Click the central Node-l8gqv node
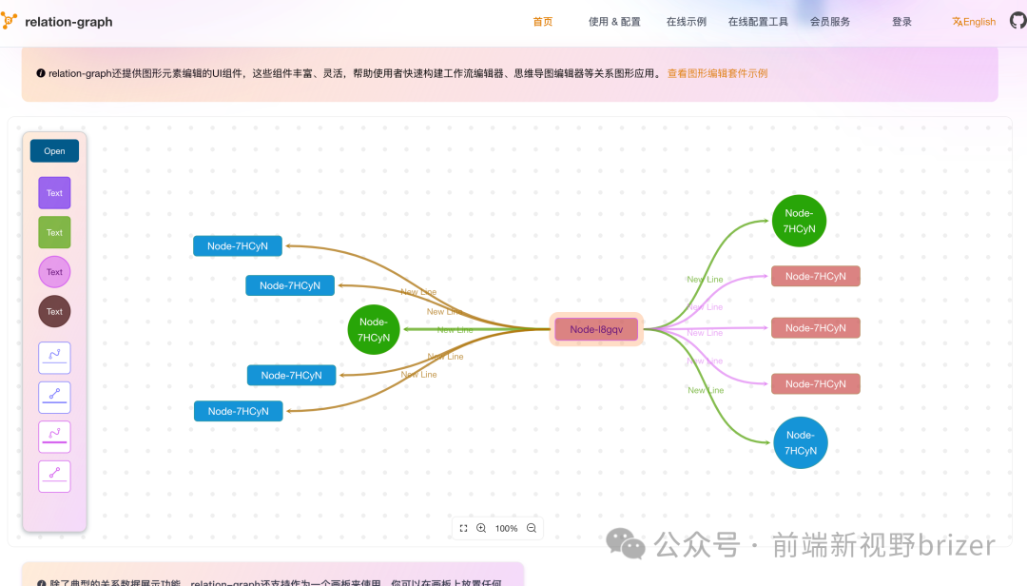point(596,329)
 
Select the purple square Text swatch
point(54,193)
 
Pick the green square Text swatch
point(54,232)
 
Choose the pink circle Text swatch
point(54,272)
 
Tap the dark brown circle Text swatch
point(54,311)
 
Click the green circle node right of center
point(799,221)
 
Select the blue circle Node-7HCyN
point(800,442)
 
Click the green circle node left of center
point(374,330)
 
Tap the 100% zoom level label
point(507,528)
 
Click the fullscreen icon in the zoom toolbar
point(463,528)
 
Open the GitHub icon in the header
point(1017,21)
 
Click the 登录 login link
point(901,22)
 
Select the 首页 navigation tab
point(543,22)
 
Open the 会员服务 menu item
point(830,22)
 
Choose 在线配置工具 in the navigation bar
point(758,22)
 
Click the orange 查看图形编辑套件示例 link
point(717,73)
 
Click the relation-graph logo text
point(68,22)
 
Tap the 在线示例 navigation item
point(686,22)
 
